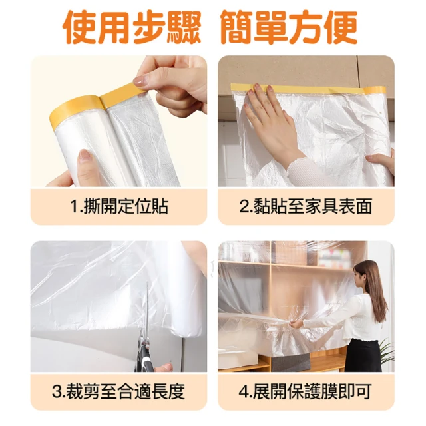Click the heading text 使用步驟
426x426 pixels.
pyautogui.click(x=132, y=27)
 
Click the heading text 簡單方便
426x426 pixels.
pyautogui.click(x=289, y=27)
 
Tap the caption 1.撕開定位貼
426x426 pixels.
pyautogui.click(x=119, y=206)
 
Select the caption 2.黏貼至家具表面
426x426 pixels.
pyautogui.click(x=306, y=206)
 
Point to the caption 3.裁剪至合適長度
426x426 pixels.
pyautogui.click(x=118, y=391)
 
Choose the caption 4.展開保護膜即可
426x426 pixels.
pyautogui.click(x=306, y=391)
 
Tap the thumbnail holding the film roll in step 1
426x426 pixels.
pyautogui.click(x=85, y=155)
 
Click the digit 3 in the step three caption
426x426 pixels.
pyautogui.click(x=57, y=391)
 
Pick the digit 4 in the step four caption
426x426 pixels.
pyautogui.click(x=244, y=391)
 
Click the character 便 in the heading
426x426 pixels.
pyautogui.click(x=341, y=27)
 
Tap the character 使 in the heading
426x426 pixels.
pyautogui.click(x=80, y=27)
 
